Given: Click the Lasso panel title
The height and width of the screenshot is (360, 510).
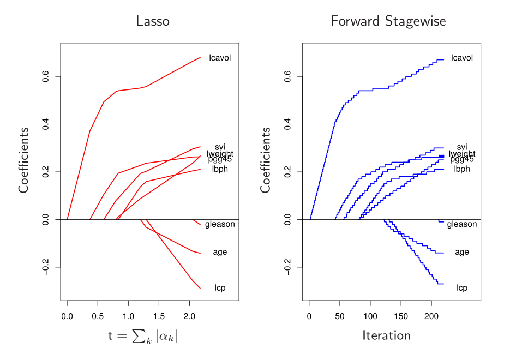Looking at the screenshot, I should (153, 21).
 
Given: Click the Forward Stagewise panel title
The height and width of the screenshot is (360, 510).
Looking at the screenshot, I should (388, 21).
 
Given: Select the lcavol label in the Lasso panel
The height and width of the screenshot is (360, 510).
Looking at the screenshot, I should (220, 58).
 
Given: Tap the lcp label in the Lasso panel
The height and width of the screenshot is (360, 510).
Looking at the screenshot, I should (220, 288).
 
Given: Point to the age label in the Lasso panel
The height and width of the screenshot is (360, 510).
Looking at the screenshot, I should (220, 252).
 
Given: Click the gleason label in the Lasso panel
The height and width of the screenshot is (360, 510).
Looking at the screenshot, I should (220, 224).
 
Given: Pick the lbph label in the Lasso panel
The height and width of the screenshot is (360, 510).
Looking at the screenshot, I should (220, 169).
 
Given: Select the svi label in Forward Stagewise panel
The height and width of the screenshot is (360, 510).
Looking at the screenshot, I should (462, 147).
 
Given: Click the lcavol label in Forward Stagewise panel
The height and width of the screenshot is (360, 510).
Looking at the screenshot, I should (462, 58).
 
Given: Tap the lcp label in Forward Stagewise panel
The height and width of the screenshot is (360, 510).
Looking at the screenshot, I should (462, 288).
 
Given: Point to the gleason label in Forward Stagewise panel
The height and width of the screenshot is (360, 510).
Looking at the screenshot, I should (462, 224).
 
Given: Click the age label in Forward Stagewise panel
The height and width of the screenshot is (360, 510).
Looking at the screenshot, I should (462, 252).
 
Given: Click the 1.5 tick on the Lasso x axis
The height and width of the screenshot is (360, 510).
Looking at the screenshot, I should (159, 316).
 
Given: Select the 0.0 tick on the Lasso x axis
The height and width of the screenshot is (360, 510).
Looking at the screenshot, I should (67, 316).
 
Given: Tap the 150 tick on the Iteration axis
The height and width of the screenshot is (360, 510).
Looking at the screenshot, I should (401, 316).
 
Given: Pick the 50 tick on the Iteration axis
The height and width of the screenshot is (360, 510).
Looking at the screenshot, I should (340, 316).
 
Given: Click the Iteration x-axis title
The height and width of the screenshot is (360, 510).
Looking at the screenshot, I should (386, 335).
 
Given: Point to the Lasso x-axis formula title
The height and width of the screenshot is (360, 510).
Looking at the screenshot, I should (143, 336).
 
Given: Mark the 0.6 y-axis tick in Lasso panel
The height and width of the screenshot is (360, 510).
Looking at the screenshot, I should (46, 76).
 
